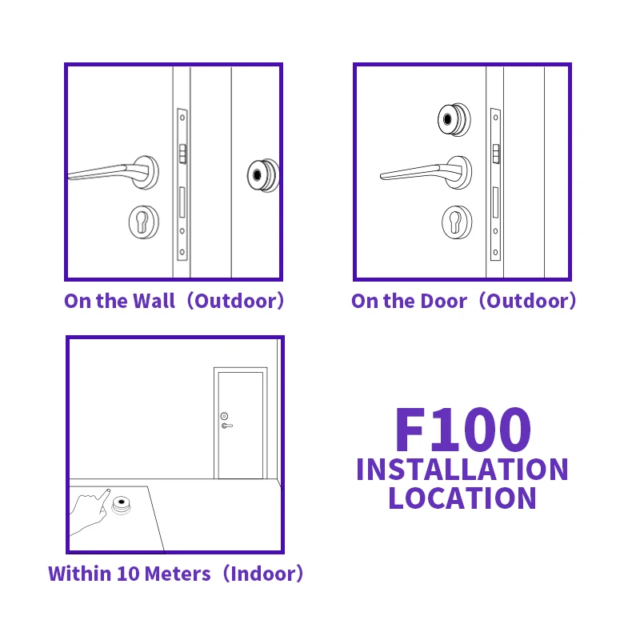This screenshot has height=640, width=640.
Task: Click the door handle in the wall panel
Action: pos(112,172)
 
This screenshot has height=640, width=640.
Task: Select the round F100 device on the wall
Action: pos(261,174)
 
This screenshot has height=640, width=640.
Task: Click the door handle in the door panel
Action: pos(424,171)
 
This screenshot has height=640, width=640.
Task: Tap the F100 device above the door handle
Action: pos(452,120)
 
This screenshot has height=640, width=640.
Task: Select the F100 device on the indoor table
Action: pos(122,506)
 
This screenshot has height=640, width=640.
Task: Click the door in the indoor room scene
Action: pos(240,424)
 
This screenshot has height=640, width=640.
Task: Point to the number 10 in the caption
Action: pos(127,574)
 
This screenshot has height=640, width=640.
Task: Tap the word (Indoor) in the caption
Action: pos(263,574)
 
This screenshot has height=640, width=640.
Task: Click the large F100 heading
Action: pos(462,430)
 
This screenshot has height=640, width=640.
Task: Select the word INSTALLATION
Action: pos(462,470)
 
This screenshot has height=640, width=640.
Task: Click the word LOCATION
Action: pos(462,498)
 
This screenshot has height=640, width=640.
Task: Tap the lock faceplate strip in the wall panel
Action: pos(182,184)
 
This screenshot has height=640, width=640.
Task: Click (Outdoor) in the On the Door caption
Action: pos(531,302)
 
